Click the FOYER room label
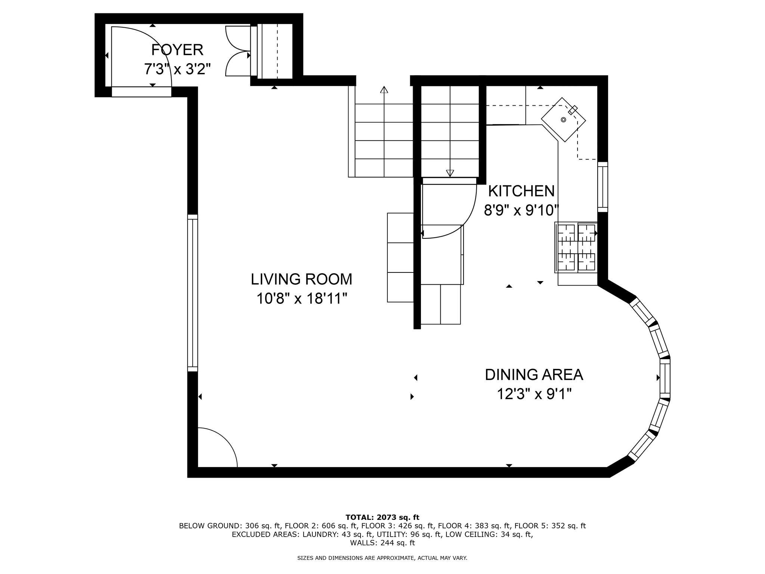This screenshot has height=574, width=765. point(177,50)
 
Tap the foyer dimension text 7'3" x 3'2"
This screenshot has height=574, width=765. point(177,69)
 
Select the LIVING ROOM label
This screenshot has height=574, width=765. point(301,279)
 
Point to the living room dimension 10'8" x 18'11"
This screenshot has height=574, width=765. point(302,299)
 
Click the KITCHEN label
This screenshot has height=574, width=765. point(521,191)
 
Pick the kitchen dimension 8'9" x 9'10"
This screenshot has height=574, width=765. point(521,210)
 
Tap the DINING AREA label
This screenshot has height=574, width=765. point(534,374)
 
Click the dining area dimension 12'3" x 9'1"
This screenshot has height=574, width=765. point(534,394)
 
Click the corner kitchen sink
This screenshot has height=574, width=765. point(564,120)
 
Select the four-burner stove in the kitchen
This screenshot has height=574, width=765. point(576,247)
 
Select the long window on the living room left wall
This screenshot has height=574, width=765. point(192,293)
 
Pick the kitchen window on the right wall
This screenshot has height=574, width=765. point(603,187)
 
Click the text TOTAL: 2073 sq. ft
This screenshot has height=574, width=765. point(382,518)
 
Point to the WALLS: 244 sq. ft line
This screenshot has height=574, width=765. point(382,543)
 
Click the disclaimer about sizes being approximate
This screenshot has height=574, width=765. point(382,558)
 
